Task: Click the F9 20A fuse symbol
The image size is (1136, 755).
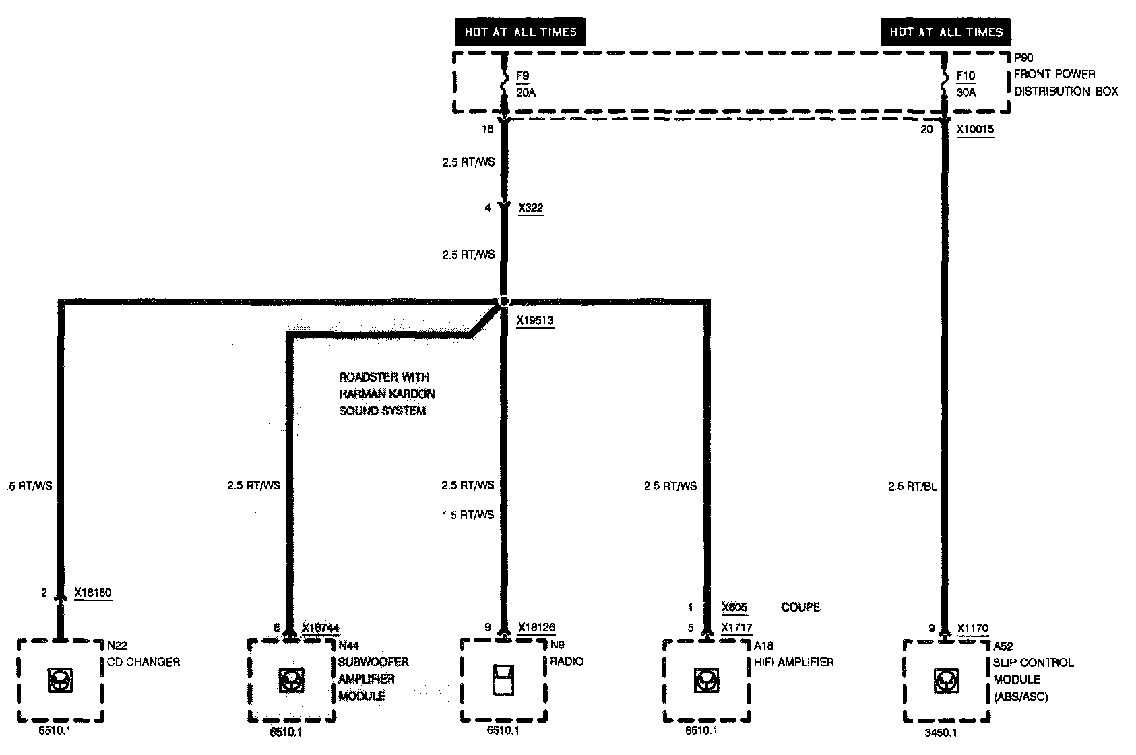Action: [504, 84]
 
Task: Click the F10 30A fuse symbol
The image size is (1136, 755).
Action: [944, 84]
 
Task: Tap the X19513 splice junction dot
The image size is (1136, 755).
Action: [503, 301]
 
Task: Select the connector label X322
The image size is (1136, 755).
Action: [530, 208]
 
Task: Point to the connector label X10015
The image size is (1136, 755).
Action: [975, 129]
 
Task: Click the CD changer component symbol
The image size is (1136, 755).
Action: [60, 681]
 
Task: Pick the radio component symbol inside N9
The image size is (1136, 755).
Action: [503, 679]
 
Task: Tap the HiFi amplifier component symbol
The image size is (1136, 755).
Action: [705, 681]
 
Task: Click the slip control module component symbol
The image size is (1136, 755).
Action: [945, 682]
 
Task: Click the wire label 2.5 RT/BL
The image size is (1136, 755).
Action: [912, 486]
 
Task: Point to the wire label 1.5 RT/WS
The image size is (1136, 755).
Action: [468, 515]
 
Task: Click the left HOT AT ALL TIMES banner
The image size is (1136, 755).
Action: [520, 32]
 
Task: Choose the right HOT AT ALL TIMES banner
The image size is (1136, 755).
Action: [945, 32]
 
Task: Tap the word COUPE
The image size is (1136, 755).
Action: [800, 607]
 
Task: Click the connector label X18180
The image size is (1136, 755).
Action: [93, 593]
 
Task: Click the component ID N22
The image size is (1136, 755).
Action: [117, 646]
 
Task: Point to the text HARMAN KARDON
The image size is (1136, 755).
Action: [386, 394]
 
